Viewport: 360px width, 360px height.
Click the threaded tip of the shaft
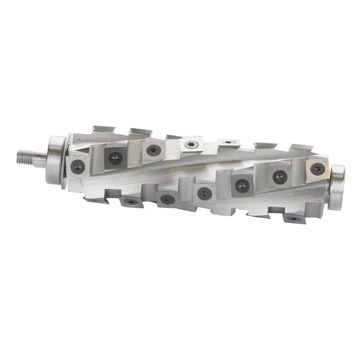(x=23, y=158)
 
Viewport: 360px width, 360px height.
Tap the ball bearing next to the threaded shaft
(x=55, y=160)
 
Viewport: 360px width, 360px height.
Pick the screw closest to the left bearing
(x=78, y=166)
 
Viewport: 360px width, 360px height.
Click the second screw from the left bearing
(x=115, y=158)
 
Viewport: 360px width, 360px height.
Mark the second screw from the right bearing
(x=280, y=176)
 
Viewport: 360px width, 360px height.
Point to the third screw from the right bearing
(x=242, y=185)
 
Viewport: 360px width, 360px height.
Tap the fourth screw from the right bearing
(x=205, y=193)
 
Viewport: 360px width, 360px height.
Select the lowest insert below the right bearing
(x=293, y=218)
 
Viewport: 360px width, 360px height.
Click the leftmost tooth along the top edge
(x=103, y=130)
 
